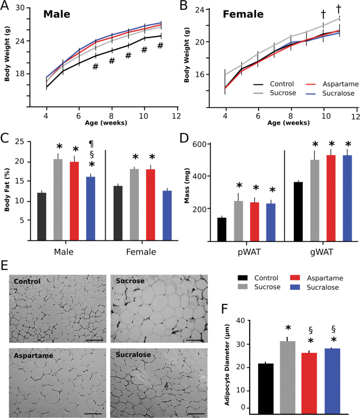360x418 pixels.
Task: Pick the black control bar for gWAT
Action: tap(298, 211)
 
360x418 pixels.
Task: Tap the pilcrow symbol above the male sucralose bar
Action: tap(91, 144)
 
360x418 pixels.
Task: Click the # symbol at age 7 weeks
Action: tap(95, 67)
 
